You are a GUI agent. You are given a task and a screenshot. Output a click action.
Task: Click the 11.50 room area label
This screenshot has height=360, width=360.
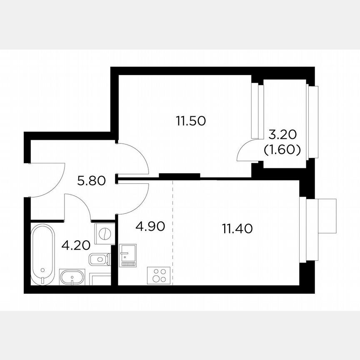tap(191, 121)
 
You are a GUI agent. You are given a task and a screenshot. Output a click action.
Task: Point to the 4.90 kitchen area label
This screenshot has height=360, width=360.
tap(150, 226)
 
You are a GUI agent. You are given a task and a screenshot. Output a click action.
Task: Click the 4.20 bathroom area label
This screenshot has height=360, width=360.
tap(76, 245)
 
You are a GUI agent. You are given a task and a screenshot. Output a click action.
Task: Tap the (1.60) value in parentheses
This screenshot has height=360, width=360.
tap(282, 150)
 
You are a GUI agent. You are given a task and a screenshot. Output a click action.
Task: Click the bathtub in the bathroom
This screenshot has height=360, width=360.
tap(42, 254)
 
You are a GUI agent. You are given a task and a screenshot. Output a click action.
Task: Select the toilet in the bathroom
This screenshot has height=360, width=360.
tap(99, 260)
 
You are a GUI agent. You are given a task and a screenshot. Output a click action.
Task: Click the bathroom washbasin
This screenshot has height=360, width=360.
tap(72, 277)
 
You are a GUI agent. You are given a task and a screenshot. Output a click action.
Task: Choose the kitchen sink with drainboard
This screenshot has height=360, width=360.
tap(127, 255)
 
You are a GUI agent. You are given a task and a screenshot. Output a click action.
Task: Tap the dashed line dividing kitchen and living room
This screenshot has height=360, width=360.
tap(172, 233)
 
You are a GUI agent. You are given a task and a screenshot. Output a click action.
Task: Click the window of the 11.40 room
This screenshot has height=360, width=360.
tap(303, 229)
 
